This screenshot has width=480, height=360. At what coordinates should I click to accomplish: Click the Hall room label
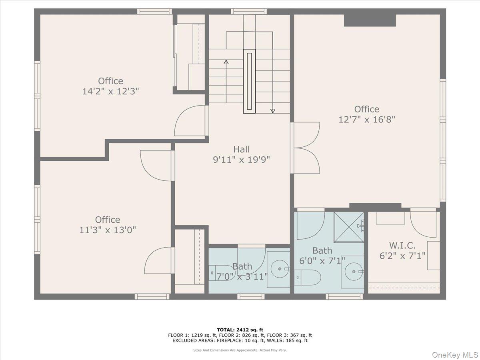tap(242, 149)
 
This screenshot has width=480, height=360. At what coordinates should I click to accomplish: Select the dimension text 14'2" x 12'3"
tap(110, 91)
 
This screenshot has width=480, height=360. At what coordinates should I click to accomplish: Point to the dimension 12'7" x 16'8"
tap(367, 119)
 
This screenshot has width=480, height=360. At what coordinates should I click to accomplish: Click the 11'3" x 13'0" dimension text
tap(107, 230)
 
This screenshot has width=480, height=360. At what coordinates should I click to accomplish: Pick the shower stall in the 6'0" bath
tap(349, 227)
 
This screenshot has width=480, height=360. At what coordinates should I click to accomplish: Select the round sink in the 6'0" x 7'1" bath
tap(353, 272)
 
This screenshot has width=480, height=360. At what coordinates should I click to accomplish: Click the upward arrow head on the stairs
tap(226, 62)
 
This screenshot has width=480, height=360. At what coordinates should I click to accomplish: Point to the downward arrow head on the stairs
tap(273, 111)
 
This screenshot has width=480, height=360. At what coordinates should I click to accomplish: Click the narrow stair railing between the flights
tap(249, 81)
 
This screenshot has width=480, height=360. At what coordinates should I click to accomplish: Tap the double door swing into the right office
tap(306, 148)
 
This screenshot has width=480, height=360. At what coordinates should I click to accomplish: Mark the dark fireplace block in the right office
tap(370, 20)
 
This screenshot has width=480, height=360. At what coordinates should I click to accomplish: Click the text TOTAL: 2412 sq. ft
tap(240, 329)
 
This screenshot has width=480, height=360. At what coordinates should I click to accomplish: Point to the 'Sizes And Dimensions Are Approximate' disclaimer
tap(240, 350)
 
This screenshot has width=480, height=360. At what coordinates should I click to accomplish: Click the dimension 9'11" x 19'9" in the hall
tap(242, 160)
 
